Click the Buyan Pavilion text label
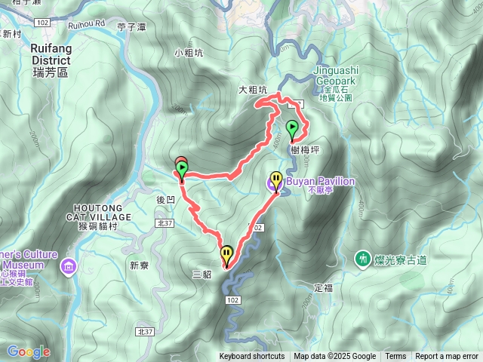(x=320, y=181)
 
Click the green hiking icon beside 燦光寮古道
(x=363, y=259)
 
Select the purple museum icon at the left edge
(x=69, y=265)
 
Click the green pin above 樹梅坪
(x=291, y=128)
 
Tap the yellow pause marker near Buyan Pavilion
(x=277, y=181)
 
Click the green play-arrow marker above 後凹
(x=182, y=167)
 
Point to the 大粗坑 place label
(x=253, y=90)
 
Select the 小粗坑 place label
(x=189, y=53)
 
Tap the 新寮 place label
(x=140, y=265)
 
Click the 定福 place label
(x=322, y=287)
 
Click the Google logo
(x=28, y=351)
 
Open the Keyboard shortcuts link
(x=252, y=357)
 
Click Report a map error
(x=447, y=357)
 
